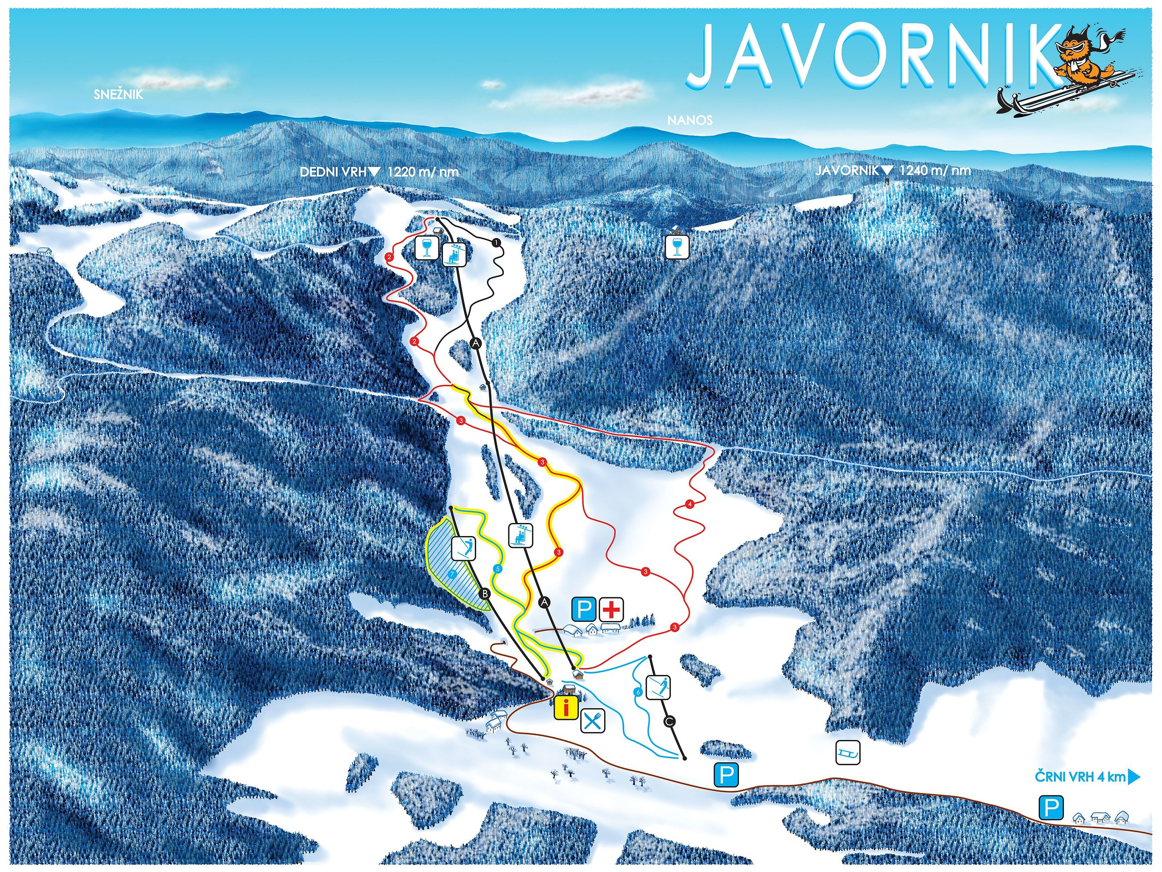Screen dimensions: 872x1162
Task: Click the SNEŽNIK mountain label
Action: coord(118,94)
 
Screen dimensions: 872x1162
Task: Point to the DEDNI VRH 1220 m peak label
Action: coord(378,172)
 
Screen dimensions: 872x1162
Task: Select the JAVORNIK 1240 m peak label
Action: coord(892,170)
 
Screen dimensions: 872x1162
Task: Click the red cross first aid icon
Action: coord(611,610)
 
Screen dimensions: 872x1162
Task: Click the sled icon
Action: coord(848,753)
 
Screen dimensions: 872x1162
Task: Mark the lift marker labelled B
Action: coord(485,594)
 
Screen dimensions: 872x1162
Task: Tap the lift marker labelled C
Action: coord(669,722)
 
